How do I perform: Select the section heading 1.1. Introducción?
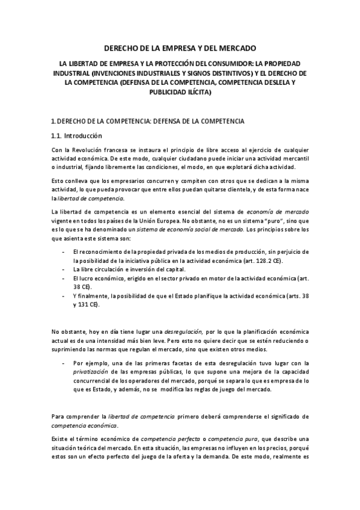77,136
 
